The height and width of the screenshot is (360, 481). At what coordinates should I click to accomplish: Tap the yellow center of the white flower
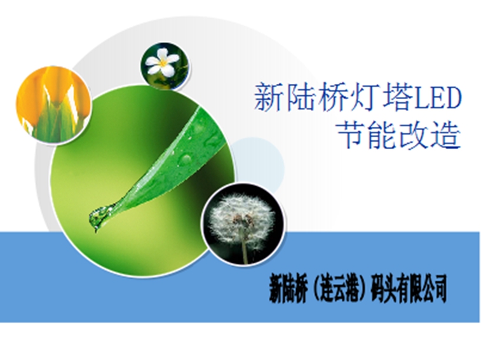pos(163,63)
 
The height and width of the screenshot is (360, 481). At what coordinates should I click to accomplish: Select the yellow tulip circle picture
pos(53,104)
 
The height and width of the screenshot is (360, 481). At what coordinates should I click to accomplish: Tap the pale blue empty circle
pos(257,166)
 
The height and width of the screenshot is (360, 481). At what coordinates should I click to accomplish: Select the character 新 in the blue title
pos(268,98)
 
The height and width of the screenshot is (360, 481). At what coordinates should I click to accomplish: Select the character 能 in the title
pos(383,135)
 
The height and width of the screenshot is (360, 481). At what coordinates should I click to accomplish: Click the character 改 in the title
pos(415,135)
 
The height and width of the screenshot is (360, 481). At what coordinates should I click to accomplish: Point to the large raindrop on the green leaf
pos(186,159)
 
